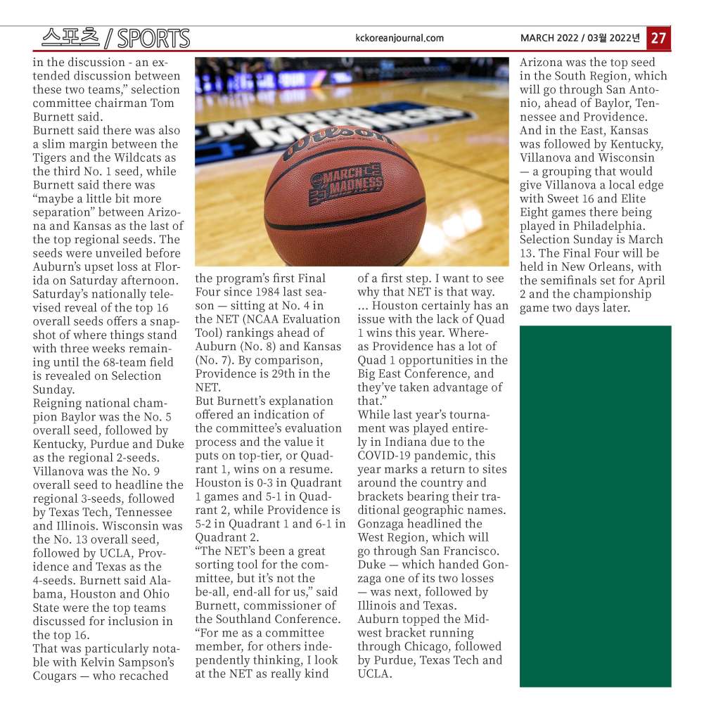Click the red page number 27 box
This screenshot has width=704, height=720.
pyautogui.click(x=658, y=38)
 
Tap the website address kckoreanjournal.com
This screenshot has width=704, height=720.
pyautogui.click(x=400, y=38)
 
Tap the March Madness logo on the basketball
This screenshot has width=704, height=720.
pyautogui.click(x=347, y=181)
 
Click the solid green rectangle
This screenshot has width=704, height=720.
pyautogui.click(x=595, y=506)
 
